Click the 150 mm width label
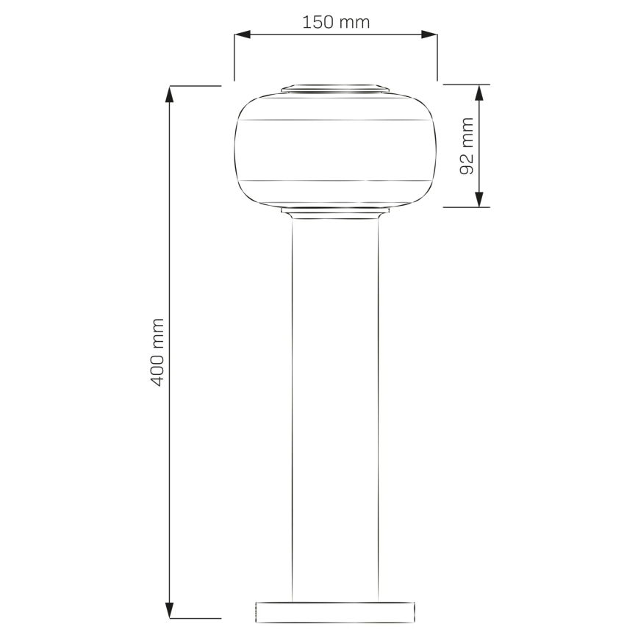point(336,22)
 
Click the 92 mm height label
point(466,146)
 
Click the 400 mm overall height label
point(157,352)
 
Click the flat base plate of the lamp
point(335,612)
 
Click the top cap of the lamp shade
point(335,89)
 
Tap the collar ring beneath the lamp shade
point(335,212)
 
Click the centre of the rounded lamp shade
point(335,150)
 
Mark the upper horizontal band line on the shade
point(335,119)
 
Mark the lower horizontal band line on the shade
point(335,180)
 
